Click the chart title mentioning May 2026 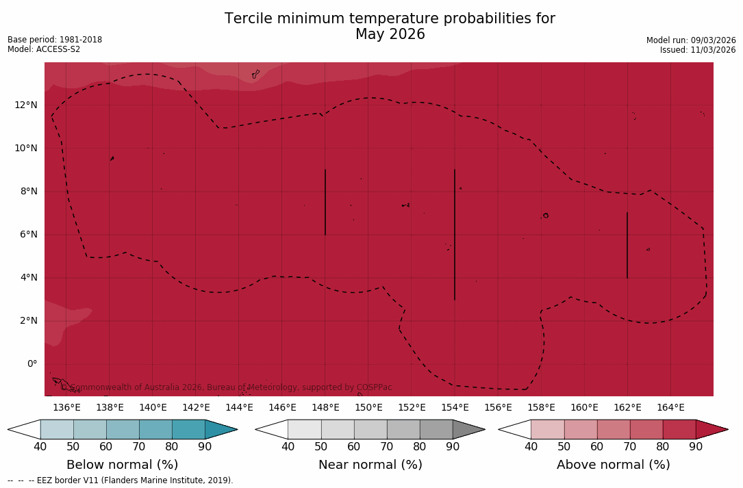(390, 27)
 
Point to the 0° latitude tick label (32, 363)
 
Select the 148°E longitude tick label (325, 407)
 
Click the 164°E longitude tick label (670, 407)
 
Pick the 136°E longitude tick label (66, 407)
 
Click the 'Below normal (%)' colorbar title (122, 465)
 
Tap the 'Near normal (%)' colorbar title (370, 465)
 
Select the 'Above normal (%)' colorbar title (613, 465)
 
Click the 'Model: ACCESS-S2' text (44, 49)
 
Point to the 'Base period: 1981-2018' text (55, 40)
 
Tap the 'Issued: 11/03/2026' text (698, 50)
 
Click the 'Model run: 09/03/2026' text (691, 40)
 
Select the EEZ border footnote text (121, 480)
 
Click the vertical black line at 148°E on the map (325, 202)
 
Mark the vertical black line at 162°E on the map (627, 245)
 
